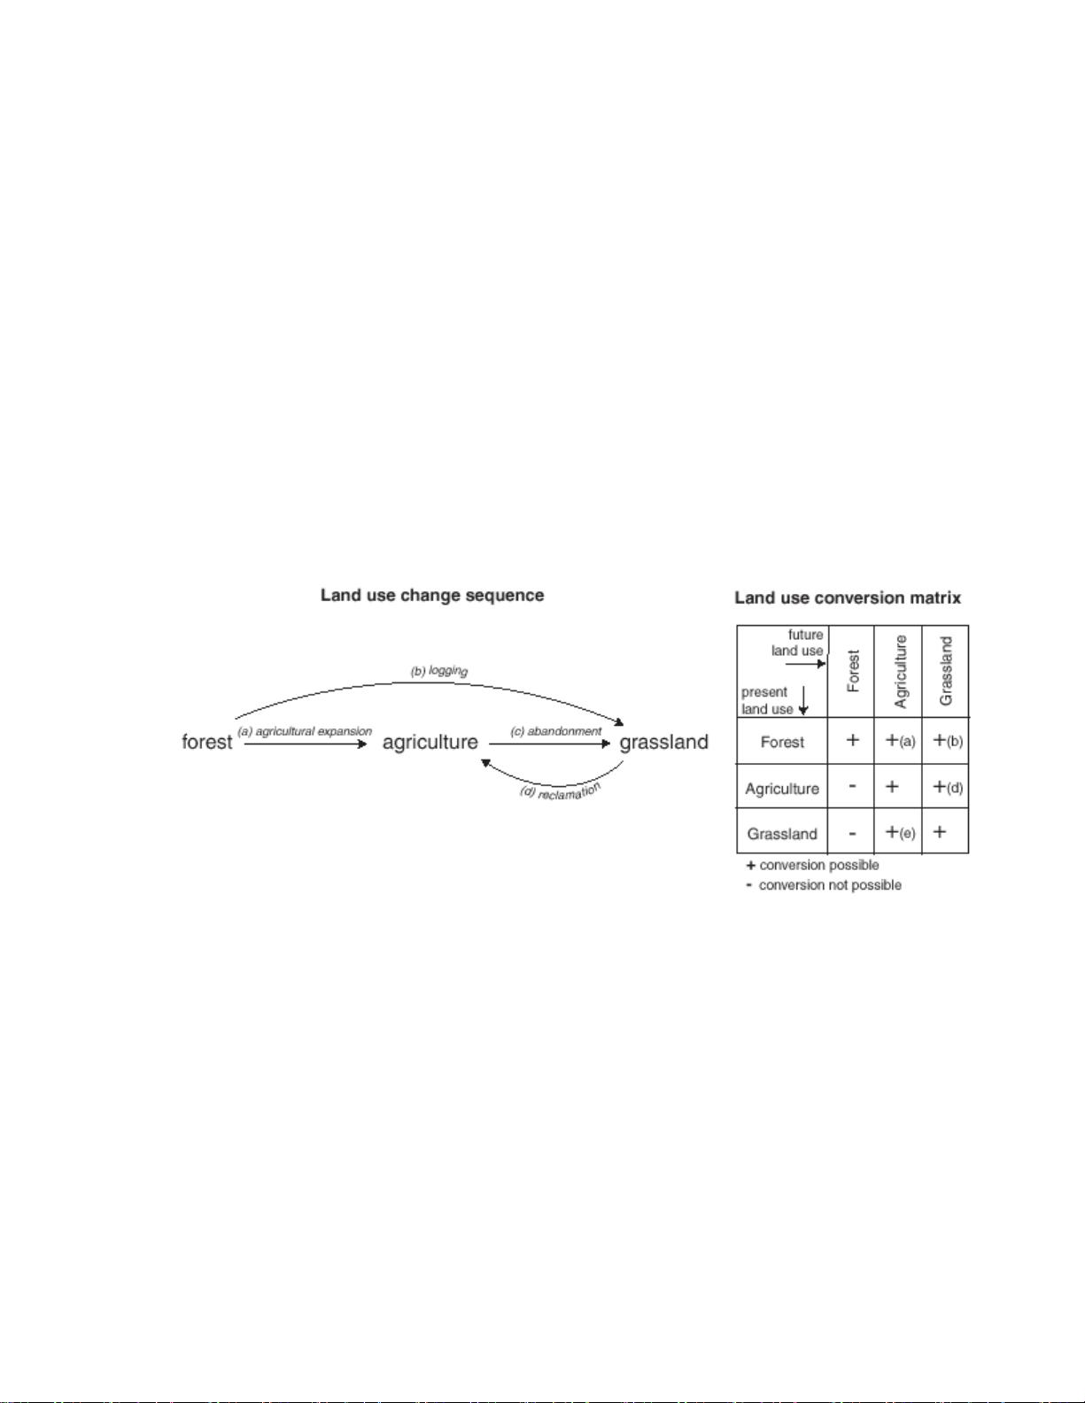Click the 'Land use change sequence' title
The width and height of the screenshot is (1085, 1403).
click(432, 596)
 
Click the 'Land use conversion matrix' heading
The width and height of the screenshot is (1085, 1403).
click(848, 597)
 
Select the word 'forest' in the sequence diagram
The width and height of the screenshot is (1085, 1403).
click(206, 742)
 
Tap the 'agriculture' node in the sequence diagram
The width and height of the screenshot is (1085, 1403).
click(430, 743)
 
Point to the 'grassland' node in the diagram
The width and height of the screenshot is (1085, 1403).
click(664, 743)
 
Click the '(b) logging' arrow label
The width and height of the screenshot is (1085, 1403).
click(439, 671)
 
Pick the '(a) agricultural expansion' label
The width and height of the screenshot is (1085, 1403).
click(305, 731)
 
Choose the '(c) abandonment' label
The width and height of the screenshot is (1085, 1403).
click(556, 731)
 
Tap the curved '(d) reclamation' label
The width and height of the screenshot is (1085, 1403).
click(561, 791)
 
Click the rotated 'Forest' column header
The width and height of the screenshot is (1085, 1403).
click(853, 671)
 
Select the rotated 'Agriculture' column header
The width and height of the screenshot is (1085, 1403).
click(901, 672)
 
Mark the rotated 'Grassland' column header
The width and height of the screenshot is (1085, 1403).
click(946, 671)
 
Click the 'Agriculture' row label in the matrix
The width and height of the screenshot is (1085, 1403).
click(781, 789)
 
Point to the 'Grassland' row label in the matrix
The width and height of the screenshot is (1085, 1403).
click(782, 834)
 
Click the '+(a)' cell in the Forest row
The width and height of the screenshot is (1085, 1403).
click(900, 741)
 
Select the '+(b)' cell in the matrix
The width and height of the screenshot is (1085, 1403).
click(948, 741)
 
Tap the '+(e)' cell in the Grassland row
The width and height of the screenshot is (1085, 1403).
click(900, 832)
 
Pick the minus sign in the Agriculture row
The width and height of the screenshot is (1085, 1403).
click(852, 786)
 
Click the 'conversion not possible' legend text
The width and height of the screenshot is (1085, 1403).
click(830, 884)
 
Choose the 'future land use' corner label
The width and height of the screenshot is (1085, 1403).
click(797, 643)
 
